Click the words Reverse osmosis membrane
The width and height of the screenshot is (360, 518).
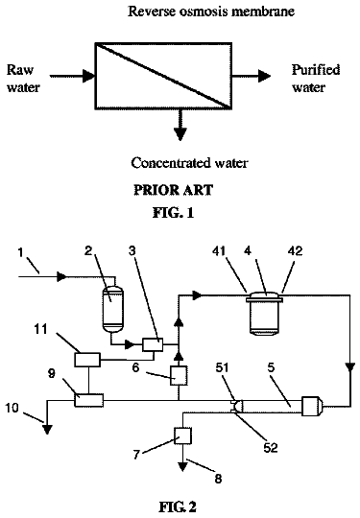pyautogui.click(x=211, y=12)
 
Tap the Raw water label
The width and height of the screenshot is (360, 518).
pyautogui.click(x=23, y=79)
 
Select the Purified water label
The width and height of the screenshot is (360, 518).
pyautogui.click(x=316, y=79)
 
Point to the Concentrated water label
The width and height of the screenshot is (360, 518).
pyautogui.click(x=189, y=163)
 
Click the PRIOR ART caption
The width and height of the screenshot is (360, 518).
pyautogui.click(x=173, y=190)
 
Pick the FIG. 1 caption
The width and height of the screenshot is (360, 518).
pyautogui.click(x=173, y=212)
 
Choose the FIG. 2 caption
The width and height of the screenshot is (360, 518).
pyautogui.click(x=178, y=506)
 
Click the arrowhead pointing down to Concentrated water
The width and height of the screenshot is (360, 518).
pyautogui.click(x=180, y=133)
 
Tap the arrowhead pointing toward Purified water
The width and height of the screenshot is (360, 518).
pyautogui.click(x=264, y=76)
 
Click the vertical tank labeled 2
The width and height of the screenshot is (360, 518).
pyautogui.click(x=113, y=309)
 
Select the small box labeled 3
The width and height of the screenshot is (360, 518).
pyautogui.click(x=153, y=344)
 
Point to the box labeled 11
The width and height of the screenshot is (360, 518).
pyautogui.click(x=87, y=360)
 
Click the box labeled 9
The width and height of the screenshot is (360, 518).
pyautogui.click(x=88, y=400)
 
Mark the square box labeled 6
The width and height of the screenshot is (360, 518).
pyautogui.click(x=179, y=375)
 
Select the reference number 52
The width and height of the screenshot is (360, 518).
pyautogui.click(x=270, y=447)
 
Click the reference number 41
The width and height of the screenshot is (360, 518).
pyautogui.click(x=219, y=251)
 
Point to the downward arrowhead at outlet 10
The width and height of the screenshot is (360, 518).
pyautogui.click(x=47, y=429)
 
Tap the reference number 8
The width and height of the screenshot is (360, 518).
pyautogui.click(x=218, y=479)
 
